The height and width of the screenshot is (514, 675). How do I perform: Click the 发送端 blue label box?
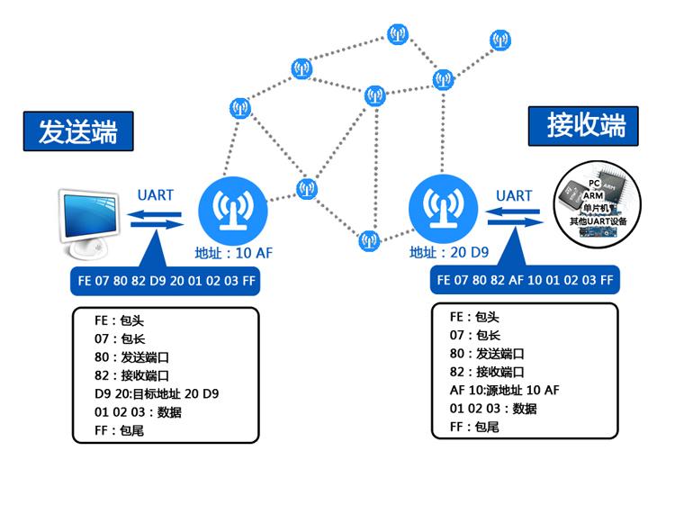pyautogui.click(x=77, y=131)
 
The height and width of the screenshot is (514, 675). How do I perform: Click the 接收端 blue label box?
pyautogui.click(x=582, y=126)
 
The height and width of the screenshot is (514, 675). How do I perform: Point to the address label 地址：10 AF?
pyautogui.click(x=233, y=254)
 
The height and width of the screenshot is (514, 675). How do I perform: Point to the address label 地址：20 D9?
pyautogui.click(x=448, y=253)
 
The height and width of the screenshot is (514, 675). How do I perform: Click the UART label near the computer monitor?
pyautogui.click(x=155, y=194)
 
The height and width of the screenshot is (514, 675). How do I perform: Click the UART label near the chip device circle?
pyautogui.click(x=514, y=195)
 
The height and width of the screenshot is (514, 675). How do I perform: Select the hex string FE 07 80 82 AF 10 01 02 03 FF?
pyautogui.click(x=525, y=280)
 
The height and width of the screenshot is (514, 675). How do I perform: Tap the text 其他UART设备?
pyautogui.click(x=602, y=221)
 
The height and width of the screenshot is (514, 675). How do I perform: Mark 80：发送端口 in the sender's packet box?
pyautogui.click(x=133, y=356)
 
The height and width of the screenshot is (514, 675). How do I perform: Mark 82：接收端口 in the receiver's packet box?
pyautogui.click(x=488, y=372)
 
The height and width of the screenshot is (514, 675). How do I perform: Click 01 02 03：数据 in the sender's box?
pyautogui.click(x=139, y=412)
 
